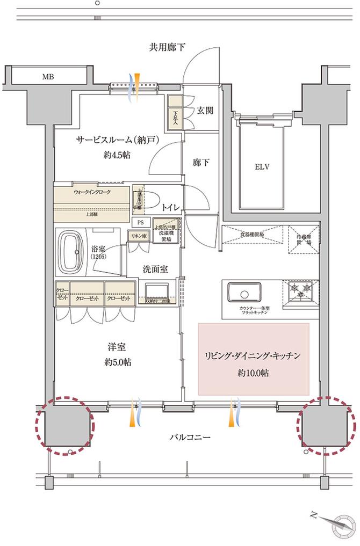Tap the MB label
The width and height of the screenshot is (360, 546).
point(49,77)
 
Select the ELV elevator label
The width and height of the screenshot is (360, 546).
point(262,166)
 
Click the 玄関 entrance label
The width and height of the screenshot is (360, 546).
point(204,111)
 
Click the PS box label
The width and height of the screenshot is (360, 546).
point(140,222)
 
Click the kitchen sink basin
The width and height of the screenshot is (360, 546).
point(245,294)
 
